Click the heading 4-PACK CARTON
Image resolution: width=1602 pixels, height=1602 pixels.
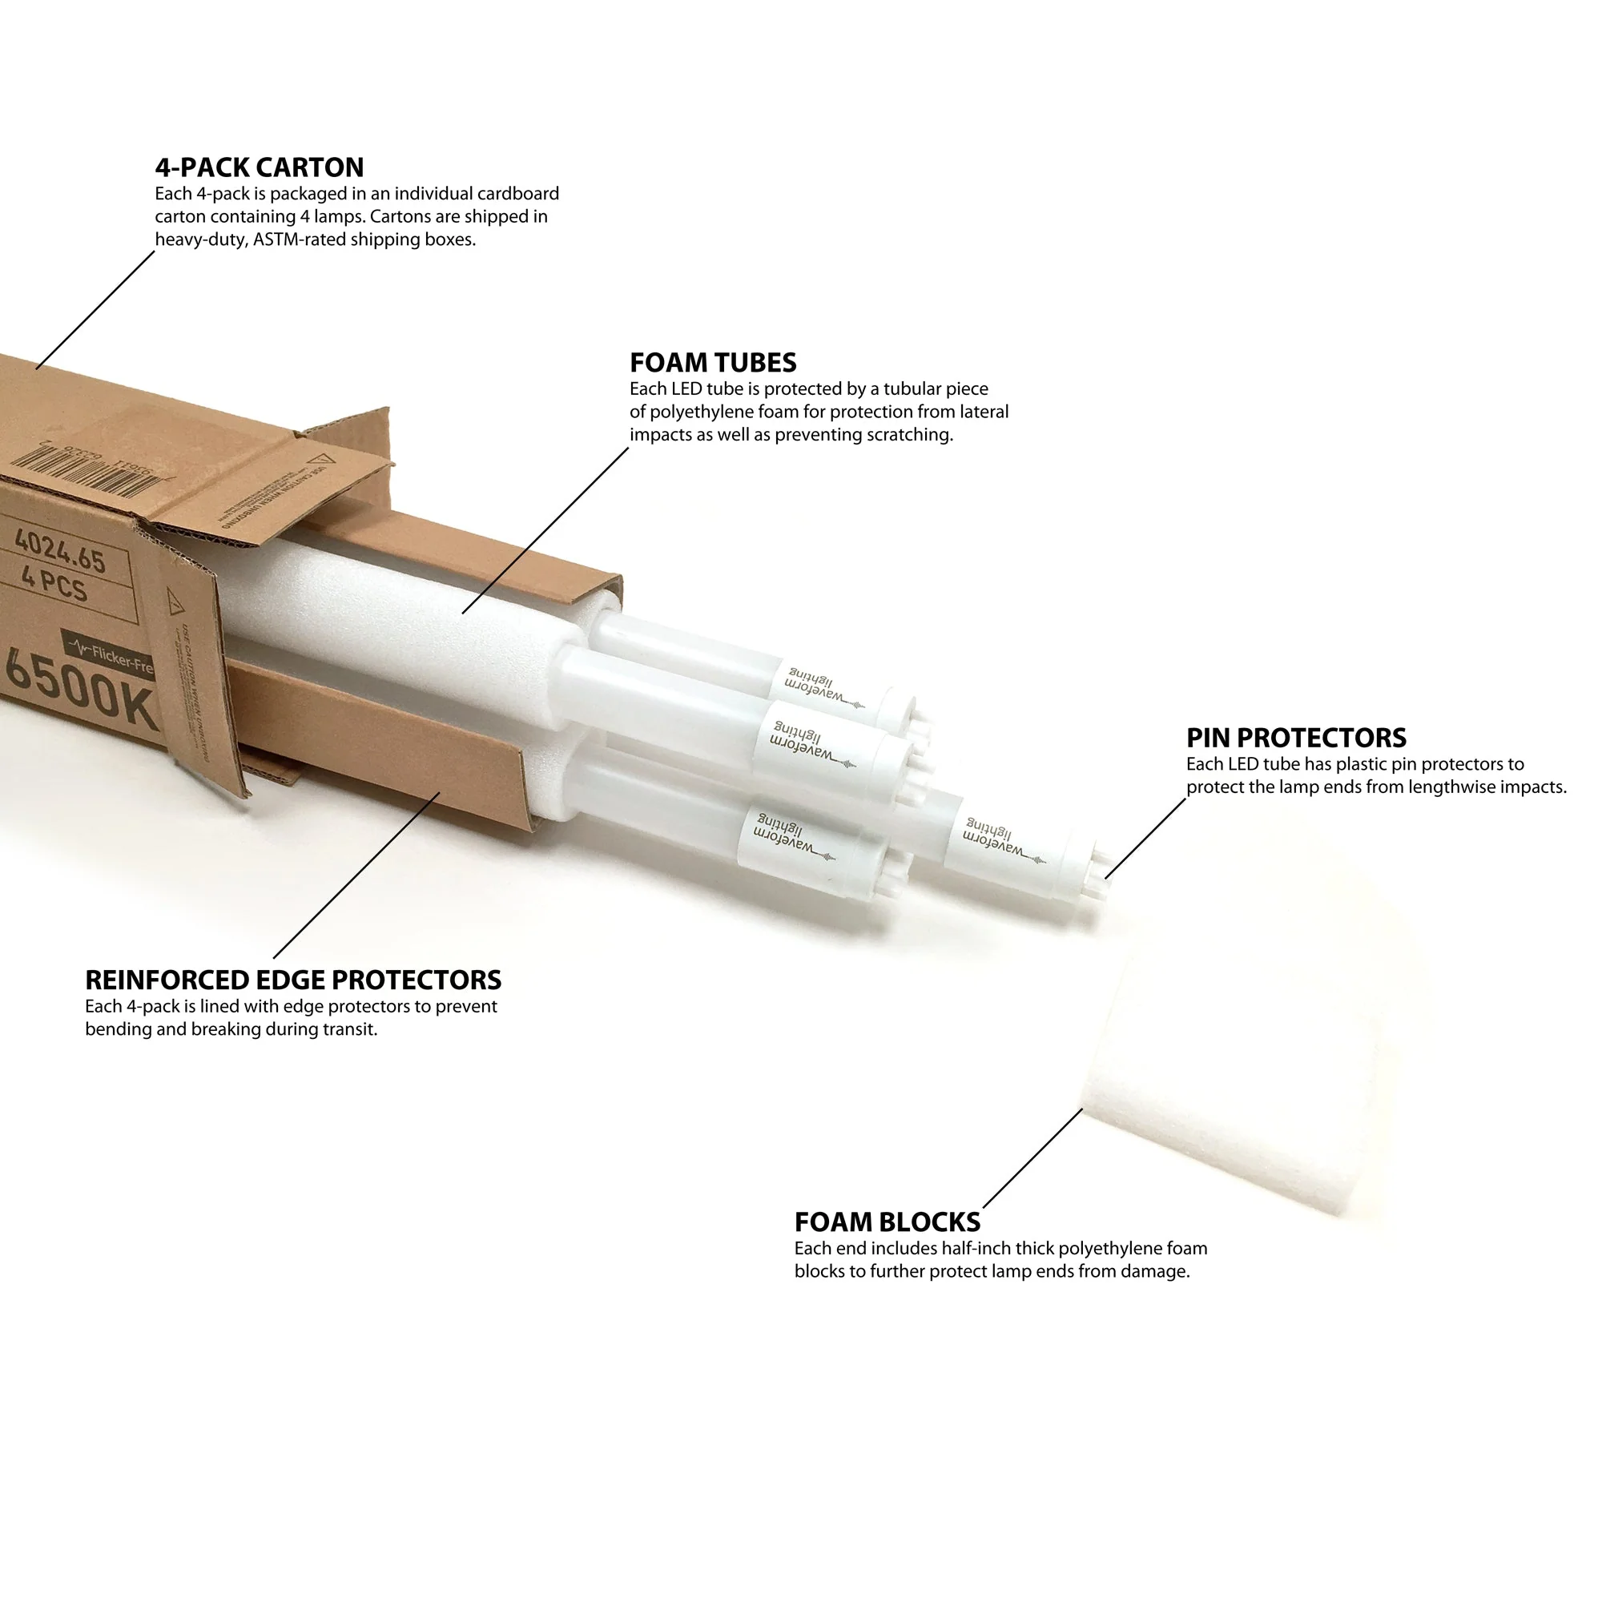tap(259, 167)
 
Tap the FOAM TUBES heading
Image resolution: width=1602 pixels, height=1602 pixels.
tap(712, 362)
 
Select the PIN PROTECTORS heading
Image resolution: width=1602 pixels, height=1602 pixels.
tap(1295, 738)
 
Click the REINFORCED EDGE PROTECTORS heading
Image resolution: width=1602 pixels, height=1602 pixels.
tap(292, 980)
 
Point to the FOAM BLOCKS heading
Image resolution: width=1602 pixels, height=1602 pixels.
tap(887, 1222)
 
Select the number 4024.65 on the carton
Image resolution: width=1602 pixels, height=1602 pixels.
tap(60, 550)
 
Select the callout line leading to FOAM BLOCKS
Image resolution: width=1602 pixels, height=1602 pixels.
tap(1032, 1158)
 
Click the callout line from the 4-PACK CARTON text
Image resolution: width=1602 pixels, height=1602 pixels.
tap(95, 310)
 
